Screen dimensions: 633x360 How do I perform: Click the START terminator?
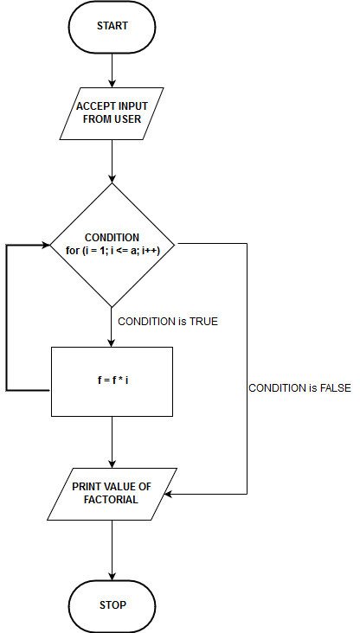112,26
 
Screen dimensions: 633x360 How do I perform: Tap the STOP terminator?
112,604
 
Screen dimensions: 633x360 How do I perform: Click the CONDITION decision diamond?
112,244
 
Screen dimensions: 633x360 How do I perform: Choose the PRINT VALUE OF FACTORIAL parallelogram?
112,493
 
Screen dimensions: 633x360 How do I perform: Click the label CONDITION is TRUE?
168,322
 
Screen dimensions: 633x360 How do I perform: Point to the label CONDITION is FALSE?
299,388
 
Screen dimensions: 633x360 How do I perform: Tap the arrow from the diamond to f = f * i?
112,327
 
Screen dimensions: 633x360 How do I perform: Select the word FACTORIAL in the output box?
112,500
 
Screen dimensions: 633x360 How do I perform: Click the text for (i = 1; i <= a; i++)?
112,251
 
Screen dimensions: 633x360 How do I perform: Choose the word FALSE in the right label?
332,388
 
